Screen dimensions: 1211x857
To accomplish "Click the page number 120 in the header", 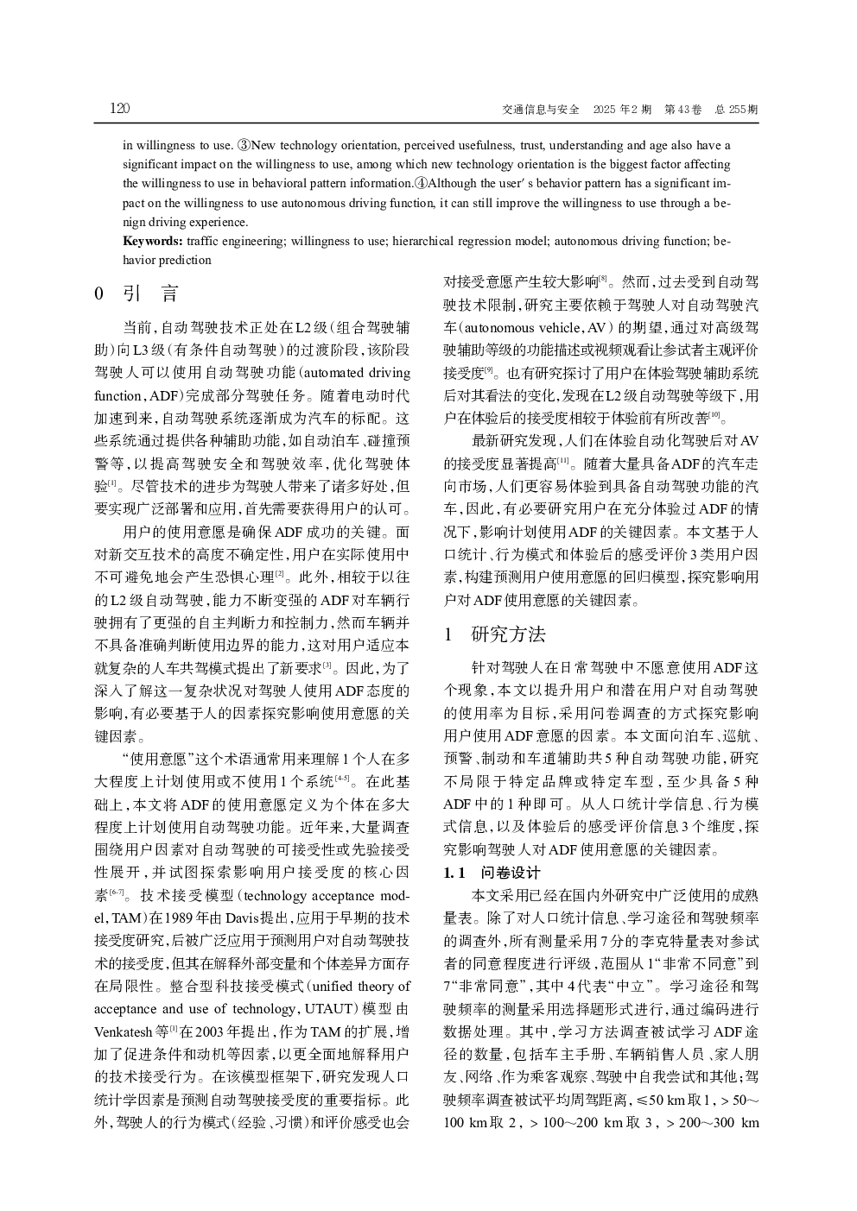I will pyautogui.click(x=120, y=109).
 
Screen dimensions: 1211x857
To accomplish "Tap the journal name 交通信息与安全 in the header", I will pyautogui.click(x=540, y=110).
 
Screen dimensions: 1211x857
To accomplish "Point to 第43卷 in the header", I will pyautogui.click(x=682, y=110).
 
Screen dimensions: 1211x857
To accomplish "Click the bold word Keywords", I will pyautogui.click(x=152, y=241).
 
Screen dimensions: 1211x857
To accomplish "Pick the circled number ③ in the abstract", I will pyautogui.click(x=245, y=145).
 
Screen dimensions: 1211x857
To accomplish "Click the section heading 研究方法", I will pyautogui.click(x=508, y=634).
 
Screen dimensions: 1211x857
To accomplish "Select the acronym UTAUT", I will pyautogui.click(x=329, y=1008).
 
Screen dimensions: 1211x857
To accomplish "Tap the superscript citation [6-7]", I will pyautogui.click(x=117, y=891).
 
